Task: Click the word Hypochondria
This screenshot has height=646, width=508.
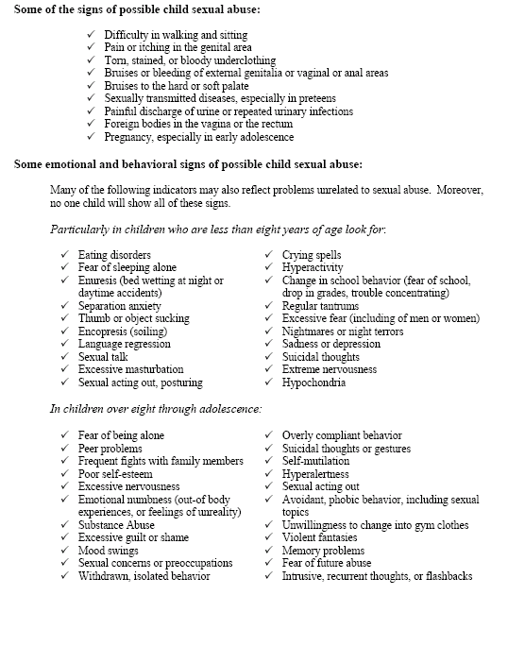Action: [x=313, y=383]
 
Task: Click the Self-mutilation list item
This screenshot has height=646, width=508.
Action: [x=315, y=461]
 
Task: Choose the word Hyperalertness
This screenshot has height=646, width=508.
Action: [x=315, y=474]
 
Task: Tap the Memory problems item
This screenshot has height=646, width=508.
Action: [x=324, y=551]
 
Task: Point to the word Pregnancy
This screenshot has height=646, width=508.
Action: [x=128, y=137]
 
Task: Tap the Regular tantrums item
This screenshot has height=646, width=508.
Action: [x=320, y=307]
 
